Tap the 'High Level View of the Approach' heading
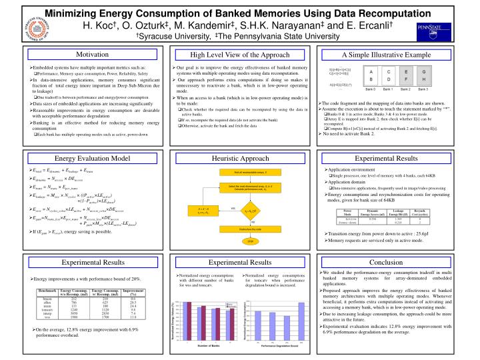pyautogui.click(x=239, y=55)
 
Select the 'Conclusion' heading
pyautogui.click(x=396, y=263)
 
